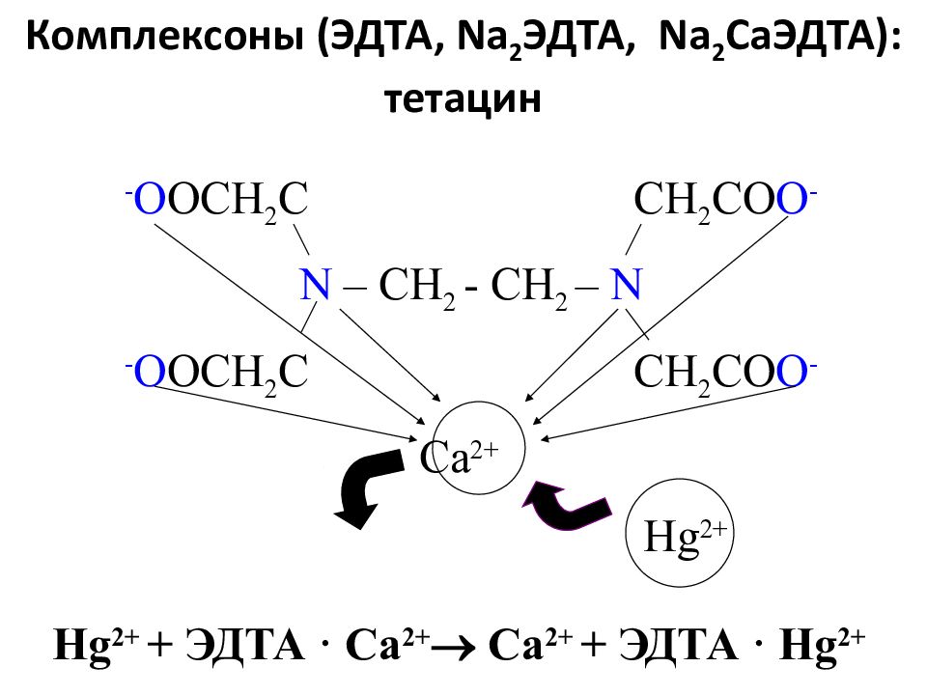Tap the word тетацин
pos(463,98)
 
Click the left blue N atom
pos(315,284)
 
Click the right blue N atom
pos(626,284)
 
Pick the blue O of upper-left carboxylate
pos(150,199)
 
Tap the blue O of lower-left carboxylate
pos(150,371)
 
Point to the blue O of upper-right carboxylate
pos(791,199)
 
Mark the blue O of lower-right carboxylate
pos(791,371)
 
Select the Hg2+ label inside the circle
pos(685,535)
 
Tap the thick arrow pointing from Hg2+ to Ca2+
pos(566,505)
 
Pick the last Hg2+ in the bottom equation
pos(823,646)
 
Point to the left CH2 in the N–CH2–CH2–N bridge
pos(417,288)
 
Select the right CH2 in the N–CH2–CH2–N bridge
pos(529,288)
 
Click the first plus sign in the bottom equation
pos(157,646)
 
